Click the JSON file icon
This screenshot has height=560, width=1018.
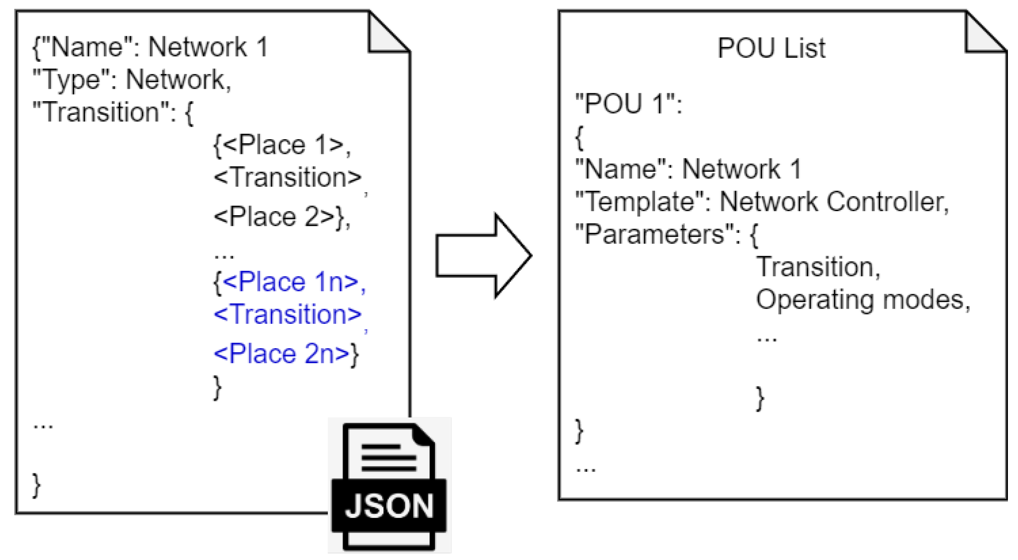389,486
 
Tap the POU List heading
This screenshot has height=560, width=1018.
771,48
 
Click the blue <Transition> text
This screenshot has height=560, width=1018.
287,314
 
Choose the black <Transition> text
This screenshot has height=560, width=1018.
287,177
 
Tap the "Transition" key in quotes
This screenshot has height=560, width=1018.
101,112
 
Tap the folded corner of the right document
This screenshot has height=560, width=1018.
983,33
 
